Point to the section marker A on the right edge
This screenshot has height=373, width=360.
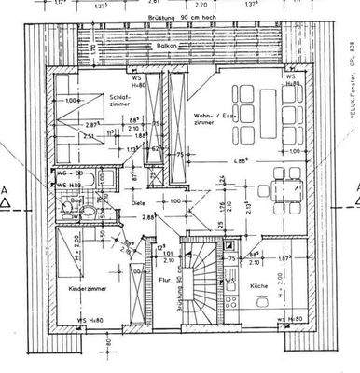(x=356, y=190)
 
